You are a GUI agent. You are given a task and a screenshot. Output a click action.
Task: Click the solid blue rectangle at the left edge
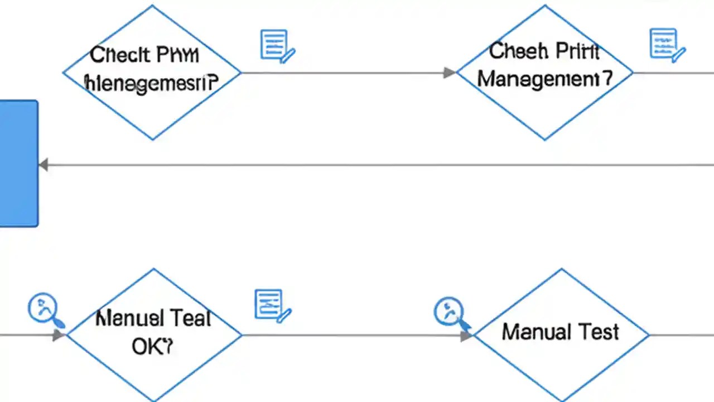tap(18, 163)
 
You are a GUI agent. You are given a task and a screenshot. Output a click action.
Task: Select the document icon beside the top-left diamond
tap(277, 46)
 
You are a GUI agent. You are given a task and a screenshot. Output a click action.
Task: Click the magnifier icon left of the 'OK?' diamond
tap(45, 309)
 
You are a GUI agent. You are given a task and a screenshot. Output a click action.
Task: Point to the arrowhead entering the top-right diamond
tap(450, 73)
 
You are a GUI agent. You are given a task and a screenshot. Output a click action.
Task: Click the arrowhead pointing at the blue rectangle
tap(44, 165)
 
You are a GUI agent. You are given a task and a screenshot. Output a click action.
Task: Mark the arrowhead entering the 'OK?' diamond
tap(59, 335)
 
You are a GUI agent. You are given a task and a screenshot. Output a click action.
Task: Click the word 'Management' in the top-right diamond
tap(544, 79)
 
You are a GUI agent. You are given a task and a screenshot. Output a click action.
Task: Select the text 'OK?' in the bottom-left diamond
tap(152, 347)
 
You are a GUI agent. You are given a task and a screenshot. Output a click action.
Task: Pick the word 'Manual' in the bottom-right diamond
tap(537, 332)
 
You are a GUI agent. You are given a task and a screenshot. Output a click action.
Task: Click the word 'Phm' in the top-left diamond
tap(178, 55)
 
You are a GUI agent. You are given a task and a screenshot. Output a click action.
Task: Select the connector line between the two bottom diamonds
tap(351, 335)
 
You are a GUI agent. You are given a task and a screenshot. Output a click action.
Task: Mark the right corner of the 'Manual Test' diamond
tap(648, 335)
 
